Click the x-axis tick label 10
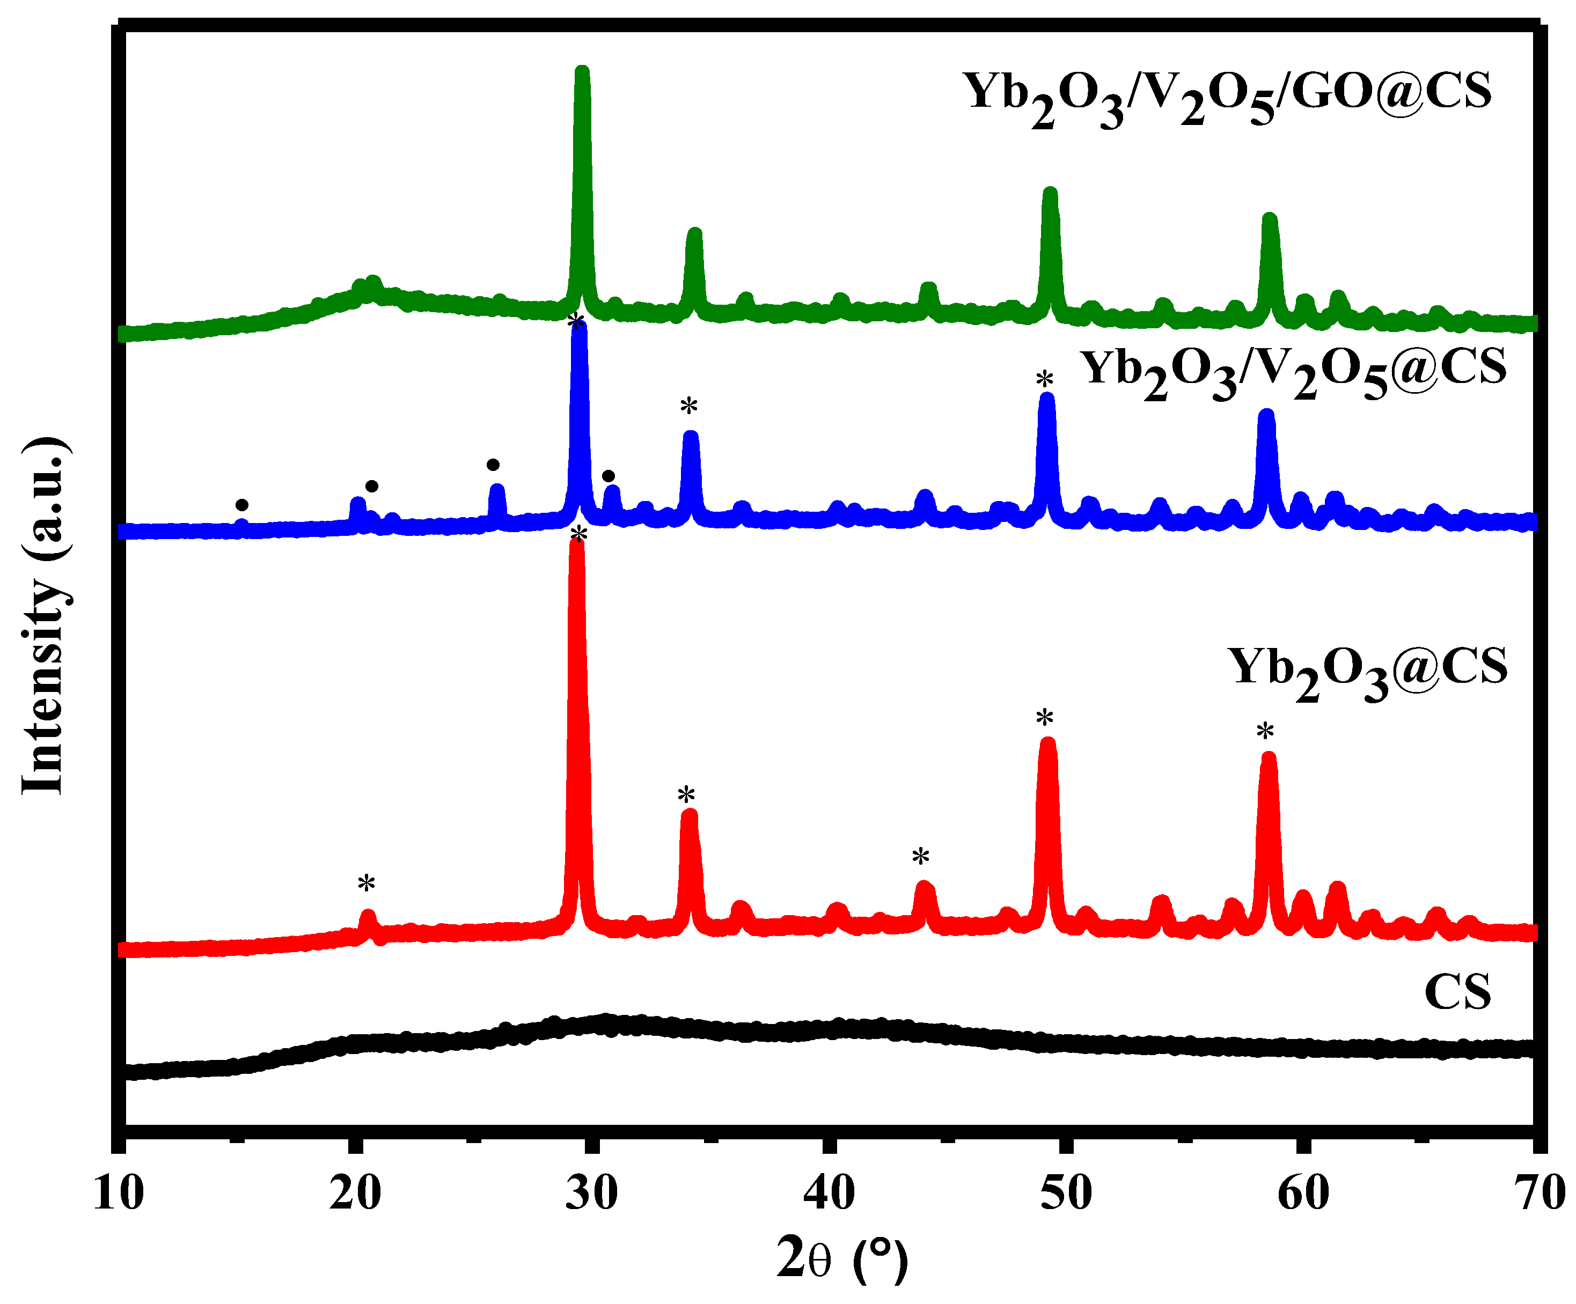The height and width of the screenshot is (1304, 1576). tap(119, 1193)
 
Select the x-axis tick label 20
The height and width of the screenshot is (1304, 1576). tap(355, 1193)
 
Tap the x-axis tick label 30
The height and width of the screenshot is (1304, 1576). tap(592, 1193)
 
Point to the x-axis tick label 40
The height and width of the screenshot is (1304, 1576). tap(829, 1193)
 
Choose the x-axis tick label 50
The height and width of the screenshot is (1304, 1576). tap(1066, 1193)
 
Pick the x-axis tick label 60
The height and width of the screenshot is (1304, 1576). tap(1303, 1193)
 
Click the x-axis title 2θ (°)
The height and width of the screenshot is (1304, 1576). tap(842, 1259)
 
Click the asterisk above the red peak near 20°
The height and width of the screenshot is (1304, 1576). tap(366, 884)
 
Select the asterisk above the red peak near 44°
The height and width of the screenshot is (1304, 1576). tap(921, 857)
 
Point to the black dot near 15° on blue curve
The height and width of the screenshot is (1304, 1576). tap(241, 505)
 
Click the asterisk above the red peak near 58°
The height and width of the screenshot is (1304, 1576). tap(1265, 731)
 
